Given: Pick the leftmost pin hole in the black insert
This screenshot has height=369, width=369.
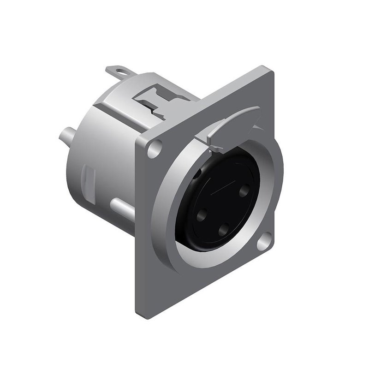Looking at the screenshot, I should click(x=202, y=215).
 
